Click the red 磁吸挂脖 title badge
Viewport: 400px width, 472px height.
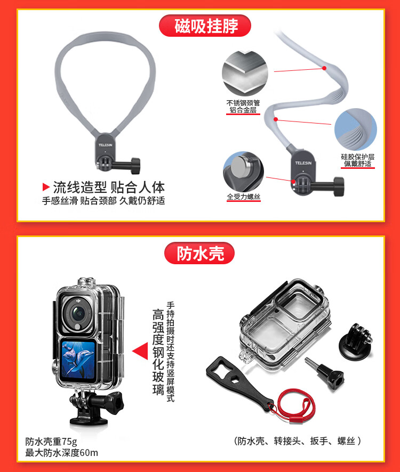coord(205,26)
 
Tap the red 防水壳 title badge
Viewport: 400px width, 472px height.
coord(199,253)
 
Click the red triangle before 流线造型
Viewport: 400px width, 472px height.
coord(46,187)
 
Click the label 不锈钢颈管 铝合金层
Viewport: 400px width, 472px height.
coord(243,107)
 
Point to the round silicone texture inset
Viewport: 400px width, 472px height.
coord(356,129)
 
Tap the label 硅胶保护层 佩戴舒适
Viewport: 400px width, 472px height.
coord(358,160)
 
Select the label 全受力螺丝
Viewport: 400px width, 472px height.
coord(244,197)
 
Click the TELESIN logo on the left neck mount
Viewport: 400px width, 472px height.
coord(105,145)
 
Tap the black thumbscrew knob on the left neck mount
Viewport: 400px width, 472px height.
coord(135,166)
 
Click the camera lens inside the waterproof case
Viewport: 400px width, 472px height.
coord(77,314)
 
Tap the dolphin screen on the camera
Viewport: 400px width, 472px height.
coord(78,360)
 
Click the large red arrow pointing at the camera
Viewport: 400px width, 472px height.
coord(140,351)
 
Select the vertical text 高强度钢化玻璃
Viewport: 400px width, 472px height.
coord(158,352)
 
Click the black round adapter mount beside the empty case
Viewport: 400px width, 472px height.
coord(356,340)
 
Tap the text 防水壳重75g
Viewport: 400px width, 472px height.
coord(51,442)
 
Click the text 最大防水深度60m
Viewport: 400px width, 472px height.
coord(62,453)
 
